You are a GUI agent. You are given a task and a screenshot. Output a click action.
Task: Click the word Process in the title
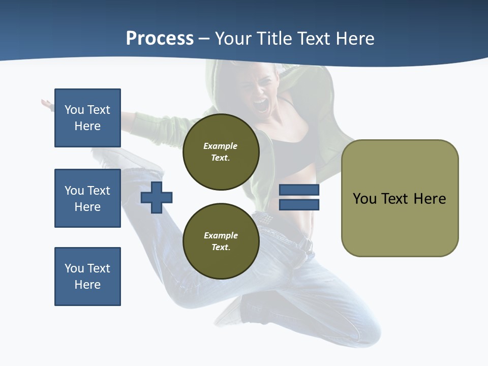pos(160,39)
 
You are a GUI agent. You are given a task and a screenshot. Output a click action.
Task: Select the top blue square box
pos(87,118)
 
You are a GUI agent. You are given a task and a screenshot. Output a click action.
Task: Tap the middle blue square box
pos(87,198)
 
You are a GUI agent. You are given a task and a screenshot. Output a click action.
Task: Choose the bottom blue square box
pos(87,277)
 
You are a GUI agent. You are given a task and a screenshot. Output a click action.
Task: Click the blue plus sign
pos(157,197)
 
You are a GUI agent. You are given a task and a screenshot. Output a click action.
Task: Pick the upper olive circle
pos(221,152)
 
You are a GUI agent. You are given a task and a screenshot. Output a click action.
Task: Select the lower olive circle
pos(221,241)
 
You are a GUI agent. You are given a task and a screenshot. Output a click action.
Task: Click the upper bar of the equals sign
pos(299,190)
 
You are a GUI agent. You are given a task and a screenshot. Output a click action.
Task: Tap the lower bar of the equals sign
pos(299,205)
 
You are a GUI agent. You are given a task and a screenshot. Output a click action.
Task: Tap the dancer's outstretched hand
pos(47,105)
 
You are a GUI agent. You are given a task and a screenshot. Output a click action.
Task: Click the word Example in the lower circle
pos(221,235)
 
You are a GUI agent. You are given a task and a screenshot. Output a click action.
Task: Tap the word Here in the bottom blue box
pos(87,285)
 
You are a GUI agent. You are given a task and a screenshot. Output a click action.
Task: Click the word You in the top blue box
pos(74,110)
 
